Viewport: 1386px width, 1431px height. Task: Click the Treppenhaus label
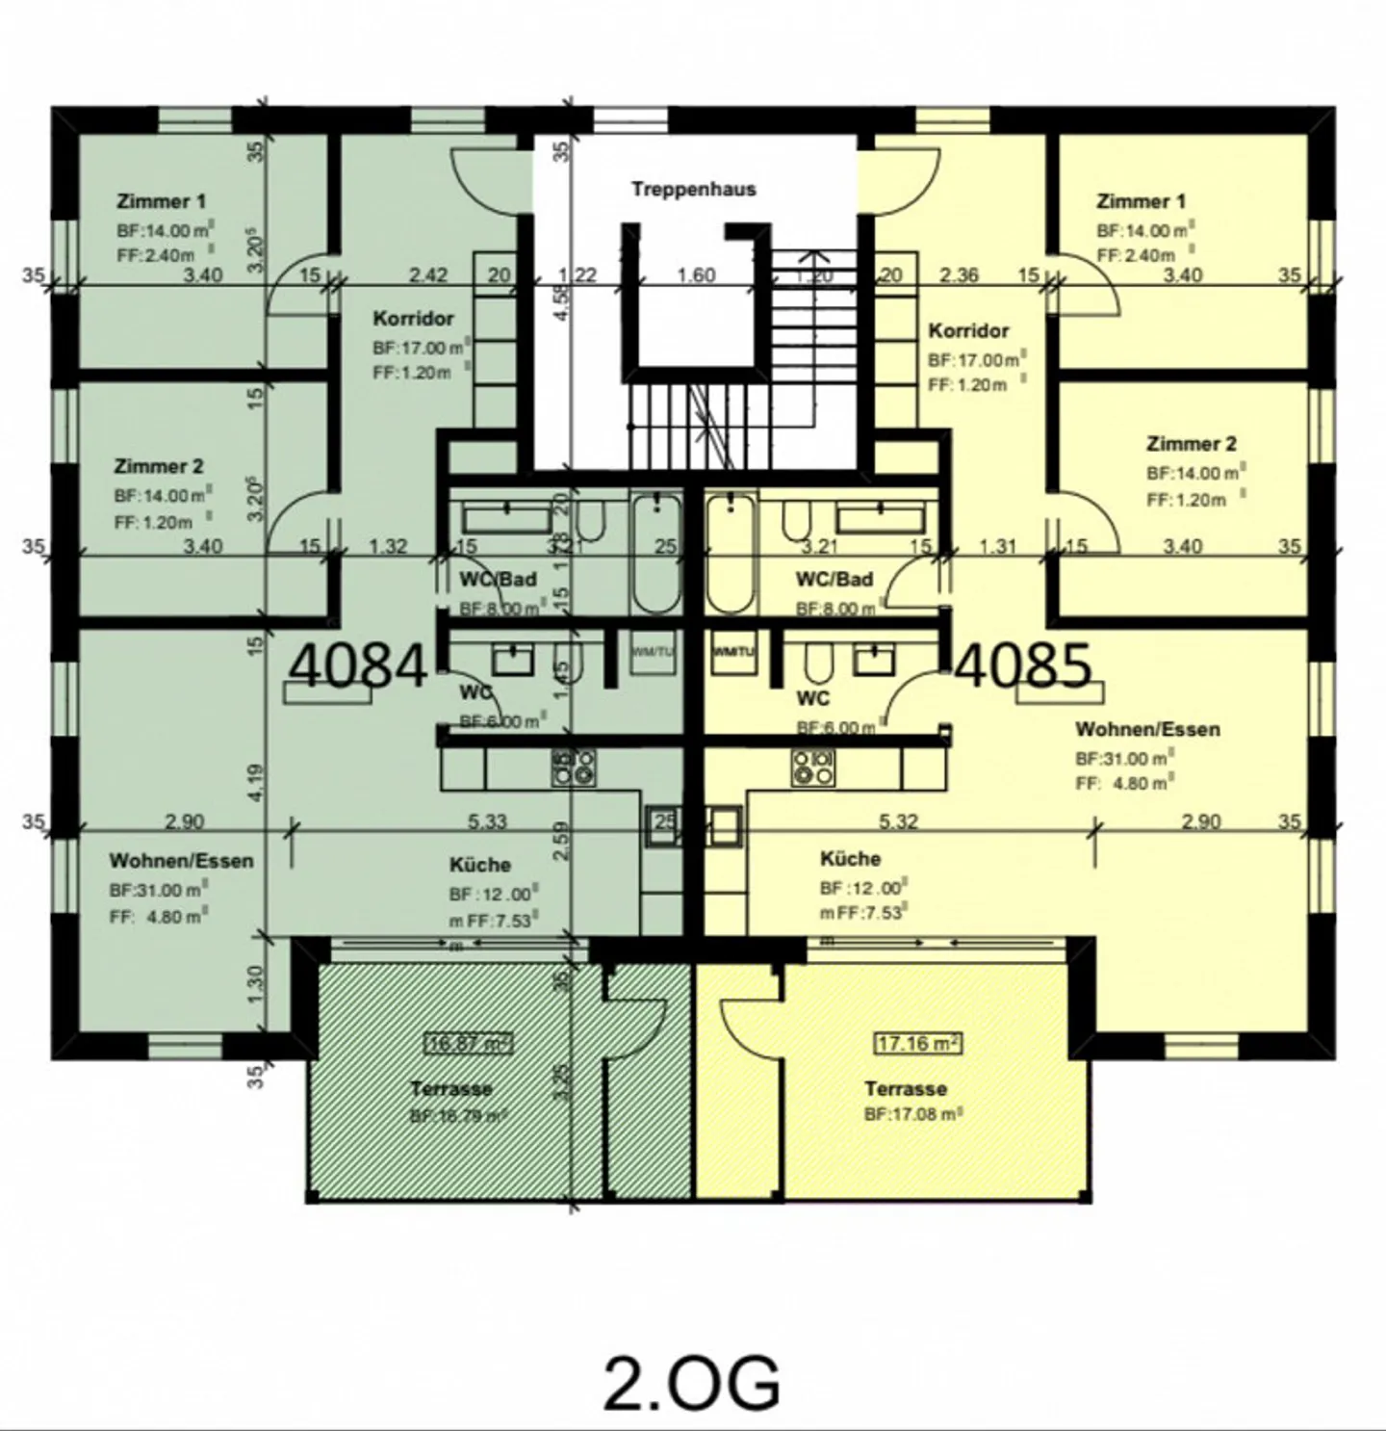click(x=693, y=189)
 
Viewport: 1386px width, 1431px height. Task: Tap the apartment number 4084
click(x=358, y=665)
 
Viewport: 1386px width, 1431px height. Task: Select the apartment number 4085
click(x=1025, y=665)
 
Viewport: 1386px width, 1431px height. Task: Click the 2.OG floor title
click(x=691, y=1383)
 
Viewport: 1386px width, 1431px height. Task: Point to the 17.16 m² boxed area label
click(x=918, y=1043)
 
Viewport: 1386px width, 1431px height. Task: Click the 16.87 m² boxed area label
click(x=469, y=1043)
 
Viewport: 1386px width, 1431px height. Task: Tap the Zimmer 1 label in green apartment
click(x=161, y=201)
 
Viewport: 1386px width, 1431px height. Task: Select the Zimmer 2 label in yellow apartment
click(x=1191, y=444)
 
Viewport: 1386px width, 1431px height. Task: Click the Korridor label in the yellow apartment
click(x=968, y=330)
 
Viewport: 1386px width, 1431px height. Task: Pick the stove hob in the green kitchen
click(x=573, y=767)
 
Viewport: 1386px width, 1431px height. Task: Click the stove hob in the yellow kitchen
click(x=813, y=767)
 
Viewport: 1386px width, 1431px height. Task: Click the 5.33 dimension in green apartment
click(x=487, y=821)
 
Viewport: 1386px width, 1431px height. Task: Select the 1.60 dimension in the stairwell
click(x=695, y=275)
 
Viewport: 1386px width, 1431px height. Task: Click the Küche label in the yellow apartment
click(x=850, y=858)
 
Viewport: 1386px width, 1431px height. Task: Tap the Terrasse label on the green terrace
click(x=450, y=1088)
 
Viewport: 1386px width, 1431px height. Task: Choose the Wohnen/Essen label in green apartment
click(x=181, y=860)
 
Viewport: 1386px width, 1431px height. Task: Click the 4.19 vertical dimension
click(x=255, y=782)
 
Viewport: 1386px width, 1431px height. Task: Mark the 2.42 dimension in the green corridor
click(x=427, y=275)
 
